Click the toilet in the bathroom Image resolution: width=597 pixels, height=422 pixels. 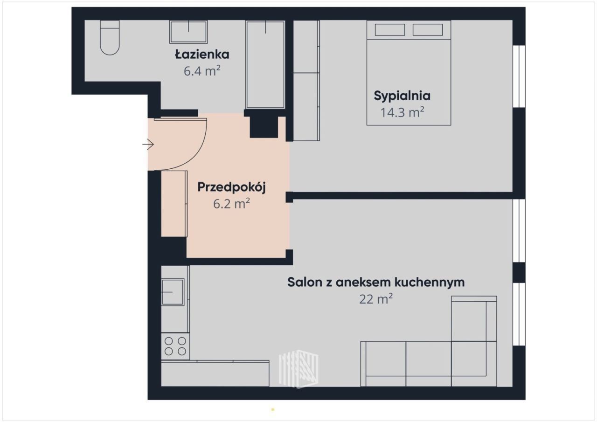tap(110, 38)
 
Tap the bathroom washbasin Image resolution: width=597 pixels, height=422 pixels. tap(188, 32)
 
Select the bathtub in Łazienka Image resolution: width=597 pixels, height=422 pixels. tap(265, 65)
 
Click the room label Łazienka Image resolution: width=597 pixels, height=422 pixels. tap(202, 55)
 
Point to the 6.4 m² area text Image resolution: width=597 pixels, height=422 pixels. tap(202, 71)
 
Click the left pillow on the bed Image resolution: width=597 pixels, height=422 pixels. tap(390, 29)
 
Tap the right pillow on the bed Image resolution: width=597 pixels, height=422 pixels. tap(428, 29)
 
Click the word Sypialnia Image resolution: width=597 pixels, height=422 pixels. tap(402, 96)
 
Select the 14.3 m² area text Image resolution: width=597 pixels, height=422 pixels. tap(402, 112)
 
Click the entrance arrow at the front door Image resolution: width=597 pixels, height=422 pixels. tap(148, 145)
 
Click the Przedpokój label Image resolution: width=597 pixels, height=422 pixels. tap(231, 187)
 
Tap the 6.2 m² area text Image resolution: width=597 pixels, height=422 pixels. tap(231, 204)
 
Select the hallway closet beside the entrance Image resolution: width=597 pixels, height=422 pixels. tap(174, 204)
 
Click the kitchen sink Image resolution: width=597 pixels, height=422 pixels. tap(173, 292)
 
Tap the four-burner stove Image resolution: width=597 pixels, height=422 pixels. tap(175, 346)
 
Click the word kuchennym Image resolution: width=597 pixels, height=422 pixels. tap(430, 282)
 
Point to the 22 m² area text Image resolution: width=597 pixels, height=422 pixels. tap(376, 299)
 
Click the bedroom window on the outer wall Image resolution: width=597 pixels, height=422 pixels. tap(519, 76)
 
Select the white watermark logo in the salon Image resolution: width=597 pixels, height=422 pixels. tap(298, 369)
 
